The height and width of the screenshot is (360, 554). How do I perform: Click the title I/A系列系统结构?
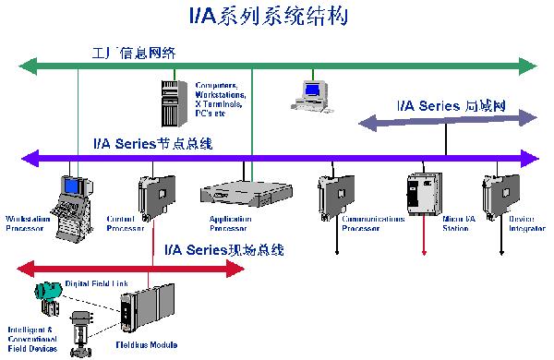[276, 16]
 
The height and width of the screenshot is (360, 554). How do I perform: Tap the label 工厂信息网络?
[137, 51]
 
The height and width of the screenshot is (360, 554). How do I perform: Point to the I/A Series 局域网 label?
[452, 107]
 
